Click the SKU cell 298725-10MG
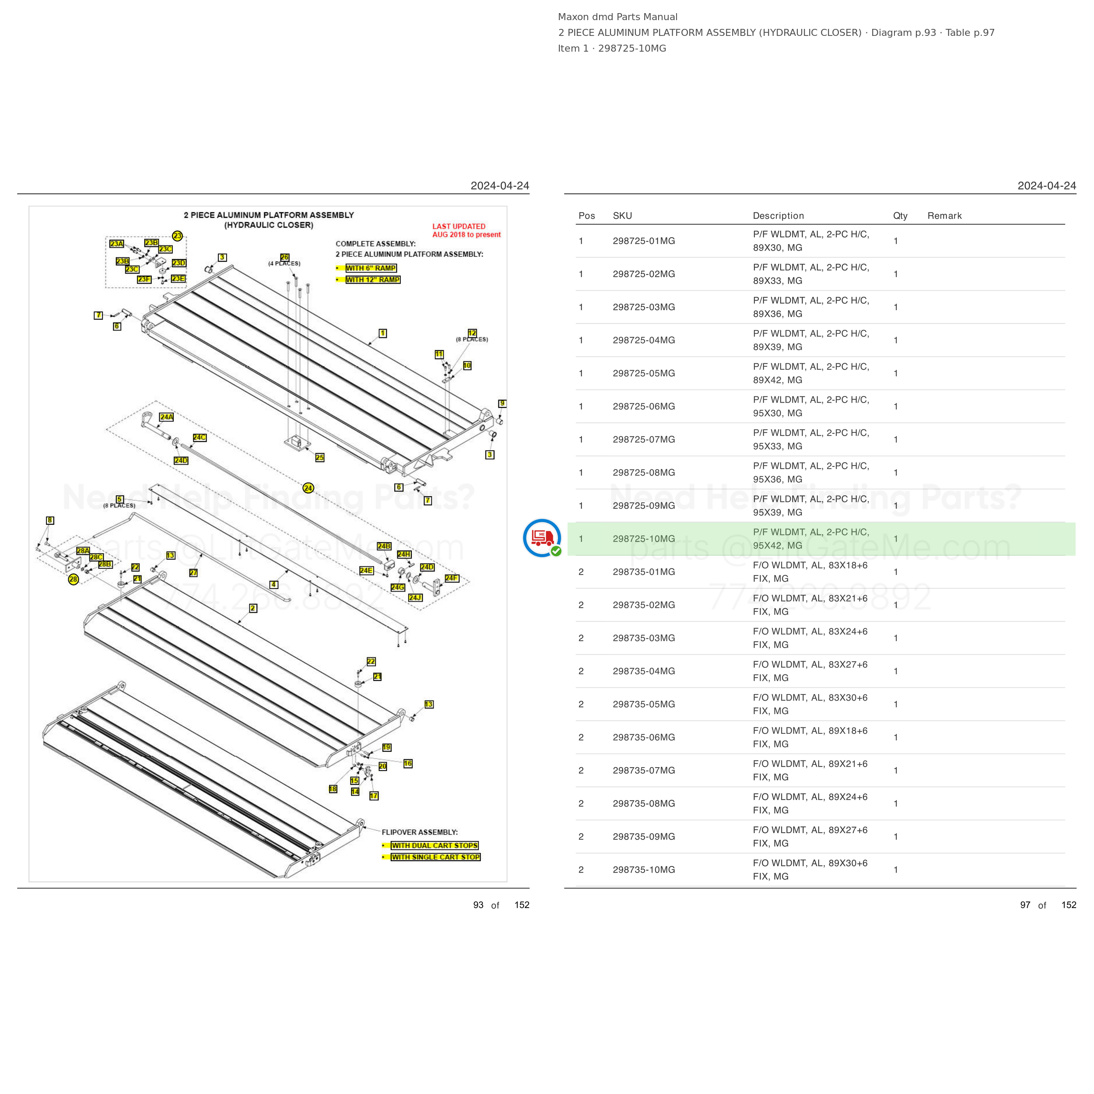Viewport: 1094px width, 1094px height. point(643,539)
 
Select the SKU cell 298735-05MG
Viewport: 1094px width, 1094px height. point(643,704)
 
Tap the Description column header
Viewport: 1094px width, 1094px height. point(778,216)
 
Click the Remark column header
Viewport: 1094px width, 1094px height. point(944,216)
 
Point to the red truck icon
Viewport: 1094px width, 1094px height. point(542,537)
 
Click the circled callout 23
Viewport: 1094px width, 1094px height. point(177,235)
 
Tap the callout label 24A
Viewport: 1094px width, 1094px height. point(166,417)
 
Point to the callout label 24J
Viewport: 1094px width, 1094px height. point(415,597)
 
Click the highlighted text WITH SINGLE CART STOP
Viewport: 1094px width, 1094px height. point(435,857)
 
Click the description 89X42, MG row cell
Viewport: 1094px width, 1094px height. point(811,373)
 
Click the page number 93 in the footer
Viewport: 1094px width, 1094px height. point(478,905)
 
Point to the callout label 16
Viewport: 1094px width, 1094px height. point(408,763)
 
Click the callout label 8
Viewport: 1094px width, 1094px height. point(50,520)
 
